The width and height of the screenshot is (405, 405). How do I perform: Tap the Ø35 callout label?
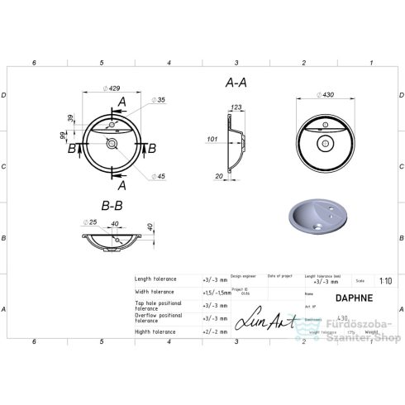click(x=160, y=100)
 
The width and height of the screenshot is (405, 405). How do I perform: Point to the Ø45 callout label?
click(x=160, y=176)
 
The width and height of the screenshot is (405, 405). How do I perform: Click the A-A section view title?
click(x=236, y=83)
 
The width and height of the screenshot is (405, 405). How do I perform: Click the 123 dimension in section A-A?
click(x=236, y=107)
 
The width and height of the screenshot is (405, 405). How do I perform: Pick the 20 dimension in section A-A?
click(x=220, y=174)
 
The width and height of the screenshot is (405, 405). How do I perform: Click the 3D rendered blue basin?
click(x=319, y=217)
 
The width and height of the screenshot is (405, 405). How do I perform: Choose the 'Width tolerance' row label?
click(x=155, y=292)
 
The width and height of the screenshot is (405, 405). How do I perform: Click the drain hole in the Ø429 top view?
click(x=111, y=144)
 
